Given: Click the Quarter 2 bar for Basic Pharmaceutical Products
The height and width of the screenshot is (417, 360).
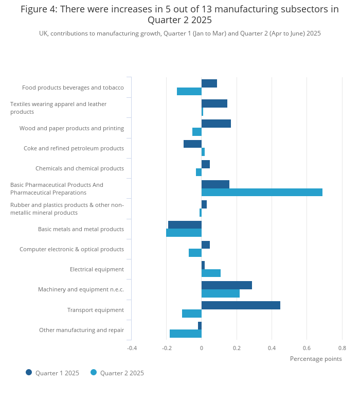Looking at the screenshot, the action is coord(262,192).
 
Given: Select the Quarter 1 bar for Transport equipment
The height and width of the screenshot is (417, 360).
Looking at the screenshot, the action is coord(241,305).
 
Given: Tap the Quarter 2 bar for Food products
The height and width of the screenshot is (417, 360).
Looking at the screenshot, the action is coord(189,91).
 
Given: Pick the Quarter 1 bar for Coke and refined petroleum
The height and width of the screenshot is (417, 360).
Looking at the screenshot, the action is coord(193,144).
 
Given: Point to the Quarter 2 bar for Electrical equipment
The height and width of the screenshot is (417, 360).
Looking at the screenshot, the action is coord(211,273).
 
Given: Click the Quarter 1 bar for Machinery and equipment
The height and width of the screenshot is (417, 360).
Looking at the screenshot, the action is coord(227,285).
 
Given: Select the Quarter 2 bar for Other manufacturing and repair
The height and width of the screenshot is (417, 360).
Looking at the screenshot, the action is coord(186,334).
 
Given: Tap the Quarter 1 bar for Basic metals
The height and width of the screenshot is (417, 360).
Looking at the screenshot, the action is coord(185,225).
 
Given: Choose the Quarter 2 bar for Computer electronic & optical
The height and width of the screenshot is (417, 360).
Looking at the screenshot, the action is coord(195,253).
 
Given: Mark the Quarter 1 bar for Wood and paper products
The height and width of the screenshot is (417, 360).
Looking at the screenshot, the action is coord(217,124).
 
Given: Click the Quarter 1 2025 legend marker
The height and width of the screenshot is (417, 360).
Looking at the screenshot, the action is coord(29,372).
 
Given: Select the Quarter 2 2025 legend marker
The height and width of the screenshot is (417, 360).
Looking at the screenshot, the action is coord(94,372).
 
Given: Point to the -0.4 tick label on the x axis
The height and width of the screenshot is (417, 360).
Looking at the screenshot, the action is coord(132,348).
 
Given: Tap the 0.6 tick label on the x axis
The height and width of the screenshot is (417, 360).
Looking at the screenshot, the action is coord(307,348).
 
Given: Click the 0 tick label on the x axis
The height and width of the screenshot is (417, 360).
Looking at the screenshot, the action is coord(202,348).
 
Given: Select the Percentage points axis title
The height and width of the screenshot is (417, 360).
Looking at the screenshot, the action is coord(316,359).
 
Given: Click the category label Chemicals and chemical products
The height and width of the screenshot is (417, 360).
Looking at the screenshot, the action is coord(80,168).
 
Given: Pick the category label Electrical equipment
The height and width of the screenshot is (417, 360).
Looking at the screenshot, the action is coord(97,269).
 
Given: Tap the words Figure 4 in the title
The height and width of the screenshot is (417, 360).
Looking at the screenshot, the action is coord(39,9).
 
